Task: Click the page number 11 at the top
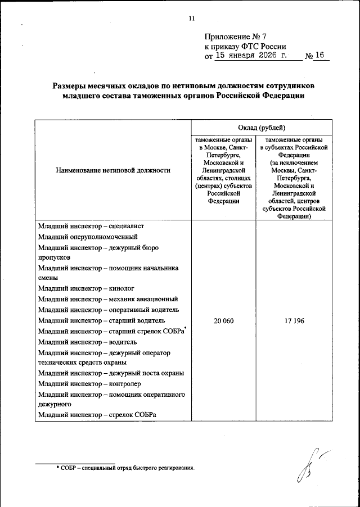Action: [x=191, y=19]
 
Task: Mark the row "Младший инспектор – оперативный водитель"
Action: [x=109, y=310]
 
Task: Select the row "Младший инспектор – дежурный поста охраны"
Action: [x=111, y=373]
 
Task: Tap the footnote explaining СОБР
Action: [x=125, y=468]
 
